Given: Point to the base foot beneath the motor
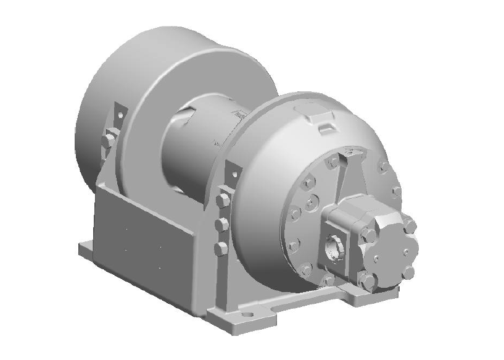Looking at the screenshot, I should click(x=361, y=297).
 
